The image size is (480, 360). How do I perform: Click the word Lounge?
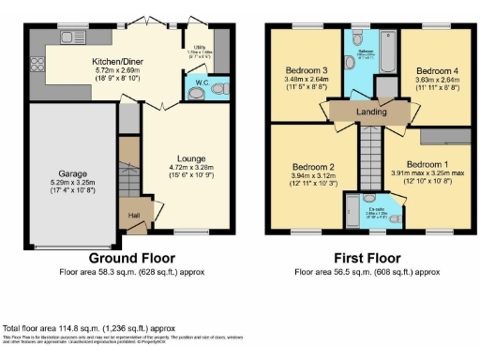(191, 157)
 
